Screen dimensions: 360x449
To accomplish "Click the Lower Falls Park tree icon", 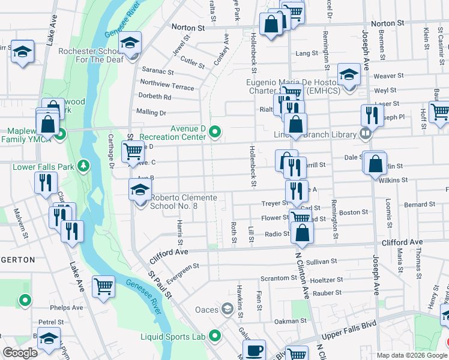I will click(84, 165).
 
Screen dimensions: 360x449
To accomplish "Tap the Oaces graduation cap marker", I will click(227, 309).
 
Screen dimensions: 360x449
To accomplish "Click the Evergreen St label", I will click(181, 271).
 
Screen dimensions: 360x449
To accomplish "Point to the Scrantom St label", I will click(276, 279).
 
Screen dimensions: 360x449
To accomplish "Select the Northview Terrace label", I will click(167, 87).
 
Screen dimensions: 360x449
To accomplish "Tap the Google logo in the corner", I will click(20, 353).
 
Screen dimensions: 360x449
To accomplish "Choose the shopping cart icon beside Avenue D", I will click(133, 151).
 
